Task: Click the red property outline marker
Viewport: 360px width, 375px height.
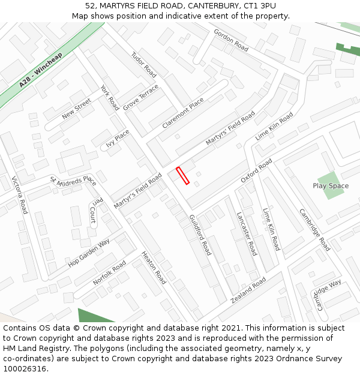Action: coord(182,176)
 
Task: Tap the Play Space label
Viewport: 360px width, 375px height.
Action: coord(331,186)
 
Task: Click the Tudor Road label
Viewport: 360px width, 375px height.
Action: coord(143,64)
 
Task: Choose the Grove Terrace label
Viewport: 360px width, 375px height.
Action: coord(141,97)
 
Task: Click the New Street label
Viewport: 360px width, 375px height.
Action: coord(76,109)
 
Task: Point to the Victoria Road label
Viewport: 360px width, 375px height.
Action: coord(20,195)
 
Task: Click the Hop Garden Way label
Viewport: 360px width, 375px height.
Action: coord(89,253)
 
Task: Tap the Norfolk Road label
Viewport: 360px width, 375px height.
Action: coord(109,273)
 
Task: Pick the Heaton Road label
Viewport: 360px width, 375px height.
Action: coord(154,268)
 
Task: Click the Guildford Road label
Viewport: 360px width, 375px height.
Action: coord(200,235)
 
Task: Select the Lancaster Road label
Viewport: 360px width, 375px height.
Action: coord(247,233)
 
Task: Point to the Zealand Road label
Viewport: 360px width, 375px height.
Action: coord(247,291)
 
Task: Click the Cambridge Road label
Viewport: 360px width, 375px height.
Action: coord(314,230)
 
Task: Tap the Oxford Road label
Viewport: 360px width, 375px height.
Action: coord(256,171)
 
